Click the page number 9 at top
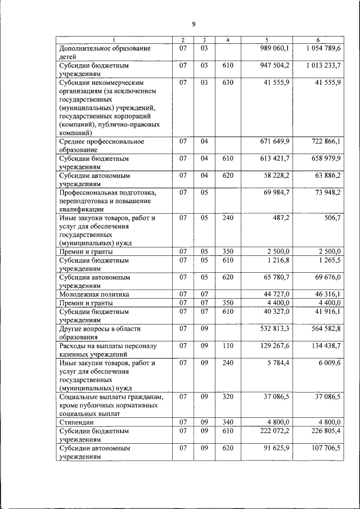tap(193, 24)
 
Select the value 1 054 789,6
tap(325, 49)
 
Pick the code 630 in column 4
tap(228, 83)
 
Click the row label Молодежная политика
tap(94, 294)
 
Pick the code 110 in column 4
tap(228, 345)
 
